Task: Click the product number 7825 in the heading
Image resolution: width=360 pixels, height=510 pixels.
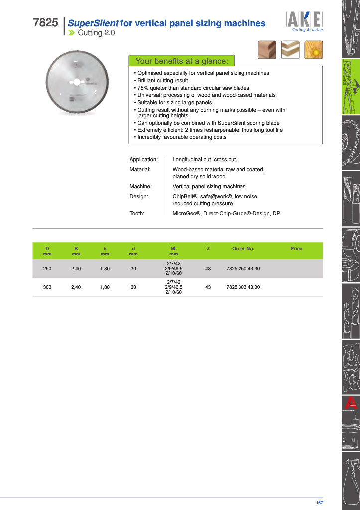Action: pos(45,23)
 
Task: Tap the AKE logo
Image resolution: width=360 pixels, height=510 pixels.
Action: pos(304,20)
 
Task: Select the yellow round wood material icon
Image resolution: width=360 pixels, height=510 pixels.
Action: pos(314,50)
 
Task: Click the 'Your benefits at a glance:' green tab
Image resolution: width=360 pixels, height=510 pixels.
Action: pos(181,61)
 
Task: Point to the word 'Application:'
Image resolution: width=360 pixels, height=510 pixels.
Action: pos(143,160)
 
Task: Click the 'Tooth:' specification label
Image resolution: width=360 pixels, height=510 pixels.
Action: pos(137,213)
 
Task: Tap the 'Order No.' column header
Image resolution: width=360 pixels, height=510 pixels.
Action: pos(243,248)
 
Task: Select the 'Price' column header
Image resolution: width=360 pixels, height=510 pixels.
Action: pos(296,248)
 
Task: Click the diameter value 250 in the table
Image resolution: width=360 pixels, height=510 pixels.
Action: pos(47,269)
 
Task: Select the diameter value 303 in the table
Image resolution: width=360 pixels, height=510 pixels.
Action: pos(47,287)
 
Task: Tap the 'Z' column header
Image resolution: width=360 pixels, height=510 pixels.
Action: pos(208,248)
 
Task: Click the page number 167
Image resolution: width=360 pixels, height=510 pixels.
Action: pos(319,503)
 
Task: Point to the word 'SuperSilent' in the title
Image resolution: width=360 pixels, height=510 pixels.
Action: pos(93,23)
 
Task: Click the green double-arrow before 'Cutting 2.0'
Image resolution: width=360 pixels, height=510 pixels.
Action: pos(72,33)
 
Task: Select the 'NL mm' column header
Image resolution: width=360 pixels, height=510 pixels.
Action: pos(174,251)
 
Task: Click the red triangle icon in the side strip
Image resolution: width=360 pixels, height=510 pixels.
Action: pos(351,403)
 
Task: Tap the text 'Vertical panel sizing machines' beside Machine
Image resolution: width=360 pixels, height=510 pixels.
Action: pos(209,186)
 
